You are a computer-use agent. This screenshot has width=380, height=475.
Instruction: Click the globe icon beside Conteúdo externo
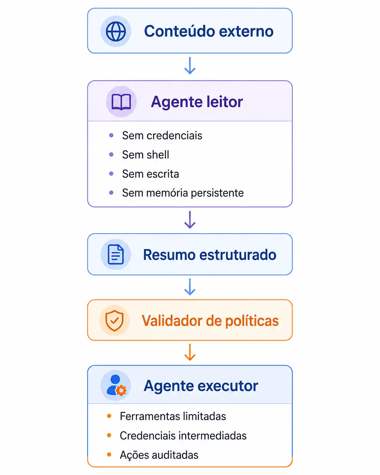(x=116, y=32)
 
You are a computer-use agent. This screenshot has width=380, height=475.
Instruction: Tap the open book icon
(x=121, y=102)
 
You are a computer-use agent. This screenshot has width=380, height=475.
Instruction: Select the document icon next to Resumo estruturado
(x=115, y=254)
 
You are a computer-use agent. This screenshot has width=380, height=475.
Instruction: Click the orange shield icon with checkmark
(x=114, y=321)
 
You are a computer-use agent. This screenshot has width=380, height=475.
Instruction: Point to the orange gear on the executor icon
(x=121, y=391)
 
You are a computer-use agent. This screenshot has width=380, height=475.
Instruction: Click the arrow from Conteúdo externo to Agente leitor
(x=190, y=65)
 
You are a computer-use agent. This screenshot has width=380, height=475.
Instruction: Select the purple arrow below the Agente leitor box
(x=190, y=220)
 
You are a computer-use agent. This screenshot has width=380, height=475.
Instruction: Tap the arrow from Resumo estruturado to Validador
(x=190, y=287)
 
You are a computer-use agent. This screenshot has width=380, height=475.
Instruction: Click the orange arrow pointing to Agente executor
(x=190, y=352)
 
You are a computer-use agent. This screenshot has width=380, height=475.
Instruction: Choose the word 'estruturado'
(x=238, y=254)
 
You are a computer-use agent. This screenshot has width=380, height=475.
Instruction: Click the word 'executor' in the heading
(x=228, y=386)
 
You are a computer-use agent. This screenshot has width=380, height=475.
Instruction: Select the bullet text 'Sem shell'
(x=146, y=154)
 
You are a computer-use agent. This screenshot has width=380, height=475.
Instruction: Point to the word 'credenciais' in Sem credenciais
(x=174, y=135)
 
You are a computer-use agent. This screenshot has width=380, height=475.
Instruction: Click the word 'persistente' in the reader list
(x=217, y=193)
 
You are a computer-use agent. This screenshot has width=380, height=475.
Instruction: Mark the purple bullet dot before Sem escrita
(x=111, y=174)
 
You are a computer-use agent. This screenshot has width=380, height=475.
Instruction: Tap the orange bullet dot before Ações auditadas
(x=109, y=454)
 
